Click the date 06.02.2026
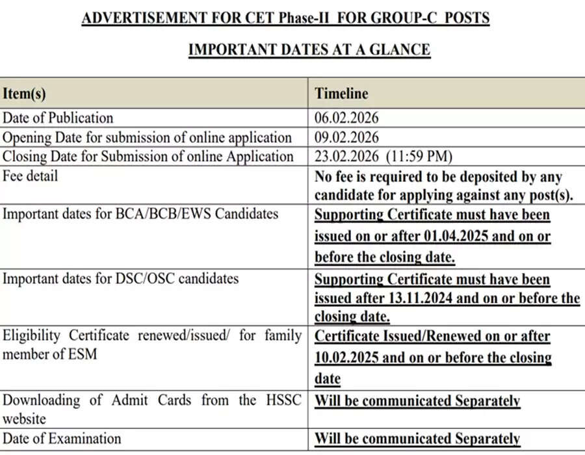pos(346,118)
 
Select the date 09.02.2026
pos(346,138)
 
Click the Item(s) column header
pos(24,94)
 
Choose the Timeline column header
pos(341,94)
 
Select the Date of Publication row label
pos(58,118)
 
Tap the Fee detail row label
pos(30,176)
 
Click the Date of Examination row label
pos(62,439)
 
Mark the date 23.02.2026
pos(346,157)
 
